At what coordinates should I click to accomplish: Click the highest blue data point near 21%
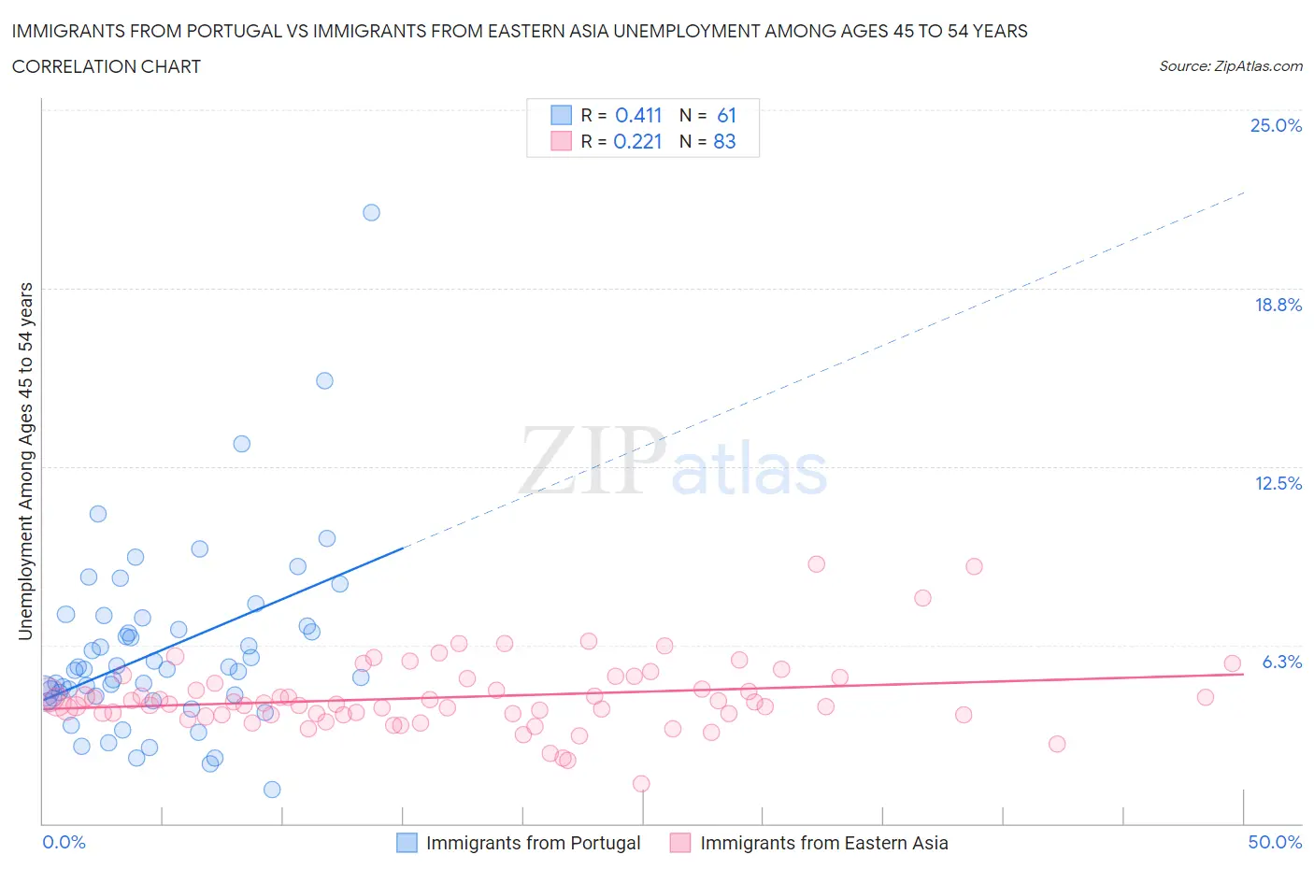[x=371, y=212]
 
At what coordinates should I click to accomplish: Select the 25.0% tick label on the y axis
[x=1276, y=125]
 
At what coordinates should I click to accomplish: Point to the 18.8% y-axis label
[x=1278, y=305]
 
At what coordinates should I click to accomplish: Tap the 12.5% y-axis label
[x=1278, y=483]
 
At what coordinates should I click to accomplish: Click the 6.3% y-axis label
[x=1281, y=662]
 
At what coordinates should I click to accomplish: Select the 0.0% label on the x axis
[x=64, y=842]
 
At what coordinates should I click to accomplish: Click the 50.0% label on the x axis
[x=1275, y=842]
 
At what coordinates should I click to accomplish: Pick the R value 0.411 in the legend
[x=638, y=115]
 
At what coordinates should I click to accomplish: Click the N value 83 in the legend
[x=724, y=141]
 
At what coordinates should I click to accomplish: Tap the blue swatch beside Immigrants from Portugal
[x=407, y=843]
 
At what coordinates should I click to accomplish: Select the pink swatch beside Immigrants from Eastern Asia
[x=680, y=843]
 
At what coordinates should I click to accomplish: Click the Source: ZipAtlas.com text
[x=1230, y=66]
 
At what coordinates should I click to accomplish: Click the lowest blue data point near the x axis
[x=272, y=790]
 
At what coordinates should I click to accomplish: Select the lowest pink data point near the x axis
[x=641, y=783]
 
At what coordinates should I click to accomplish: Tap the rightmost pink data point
[x=1232, y=663]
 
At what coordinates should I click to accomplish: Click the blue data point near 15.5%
[x=324, y=380]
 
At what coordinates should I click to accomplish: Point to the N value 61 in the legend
[x=726, y=115]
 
